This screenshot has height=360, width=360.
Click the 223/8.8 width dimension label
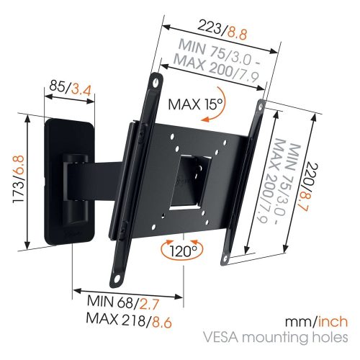tap(222, 32)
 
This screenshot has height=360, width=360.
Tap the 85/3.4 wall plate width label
tap(71, 89)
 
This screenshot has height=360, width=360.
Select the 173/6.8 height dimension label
tap(18, 179)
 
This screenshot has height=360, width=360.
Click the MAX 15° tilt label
tap(196, 104)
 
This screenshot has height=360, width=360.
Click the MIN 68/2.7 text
tap(123, 303)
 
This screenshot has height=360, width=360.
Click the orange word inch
tap(333, 322)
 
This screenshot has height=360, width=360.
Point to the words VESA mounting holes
tap(276, 338)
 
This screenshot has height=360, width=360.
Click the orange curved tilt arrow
tap(218, 106)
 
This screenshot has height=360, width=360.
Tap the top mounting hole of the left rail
tap(156, 82)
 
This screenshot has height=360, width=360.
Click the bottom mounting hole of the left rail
tap(117, 279)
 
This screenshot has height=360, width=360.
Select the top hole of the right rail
tap(261, 107)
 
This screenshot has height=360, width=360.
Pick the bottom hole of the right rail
tap(225, 258)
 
